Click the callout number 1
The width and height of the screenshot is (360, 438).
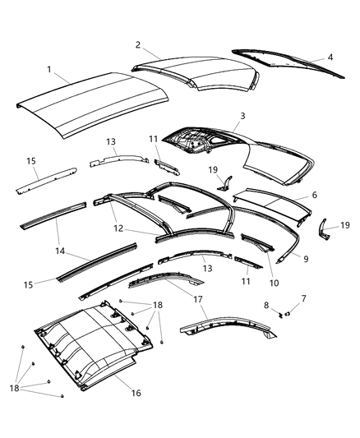point(50,70)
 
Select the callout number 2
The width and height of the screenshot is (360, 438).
point(138,44)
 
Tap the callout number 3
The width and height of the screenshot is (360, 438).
point(242,118)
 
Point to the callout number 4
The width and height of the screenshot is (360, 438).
point(330,58)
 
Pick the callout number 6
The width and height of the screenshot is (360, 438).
point(312,196)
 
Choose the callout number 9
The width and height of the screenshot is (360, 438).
point(306,259)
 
